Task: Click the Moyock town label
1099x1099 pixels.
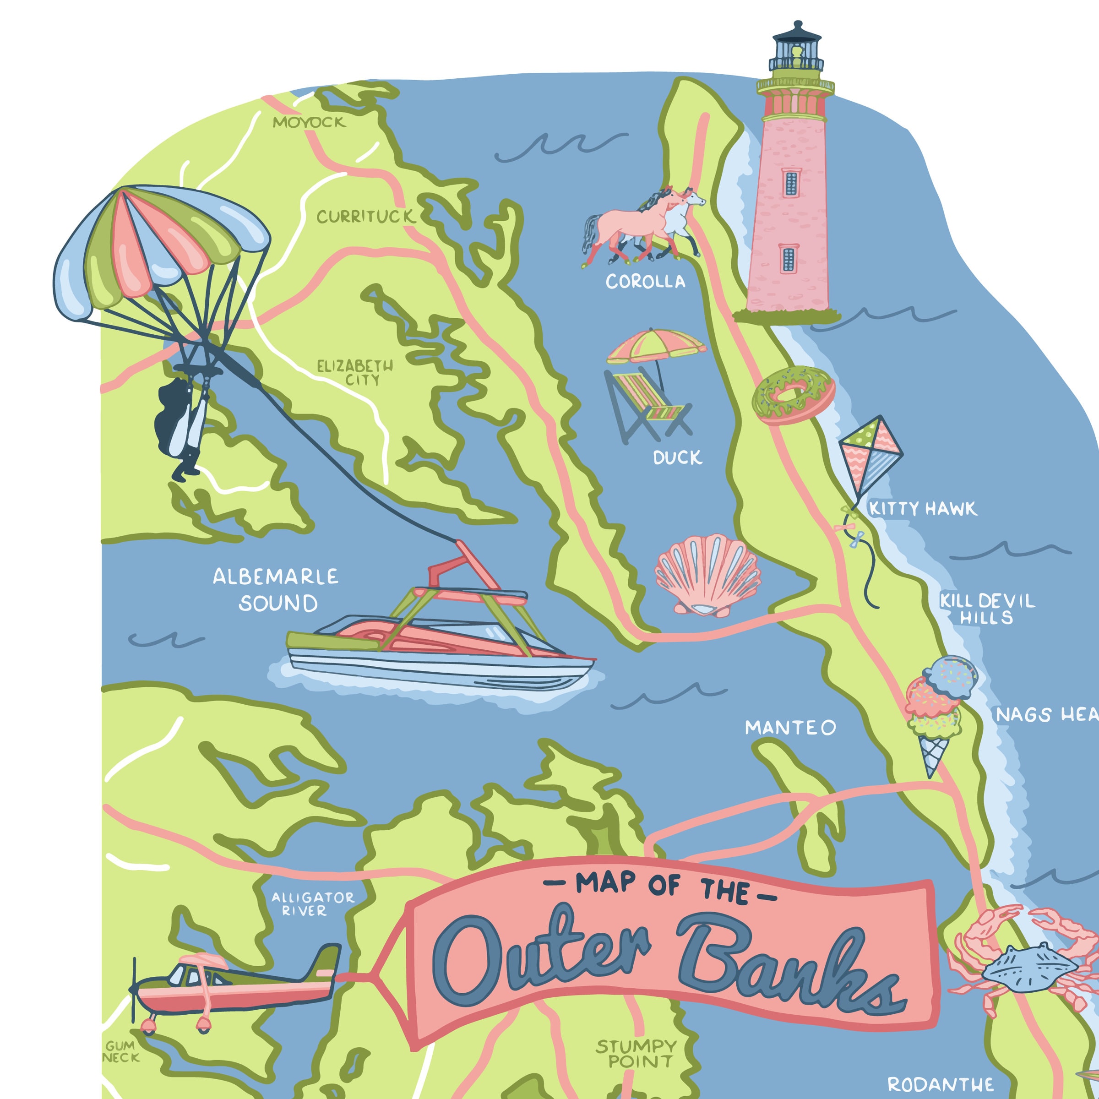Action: point(309,122)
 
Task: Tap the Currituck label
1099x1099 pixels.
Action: point(366,217)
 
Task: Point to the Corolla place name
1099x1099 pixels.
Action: point(645,281)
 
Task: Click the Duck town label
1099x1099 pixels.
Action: point(677,458)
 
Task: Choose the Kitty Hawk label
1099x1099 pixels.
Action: point(923,509)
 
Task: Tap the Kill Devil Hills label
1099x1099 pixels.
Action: point(986,609)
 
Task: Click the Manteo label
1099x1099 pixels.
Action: point(790,728)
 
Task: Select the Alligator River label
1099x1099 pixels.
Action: point(312,904)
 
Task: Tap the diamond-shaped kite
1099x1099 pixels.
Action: point(870,455)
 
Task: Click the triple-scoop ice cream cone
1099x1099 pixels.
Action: point(939,711)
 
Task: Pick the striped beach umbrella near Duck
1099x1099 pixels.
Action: point(657,345)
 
